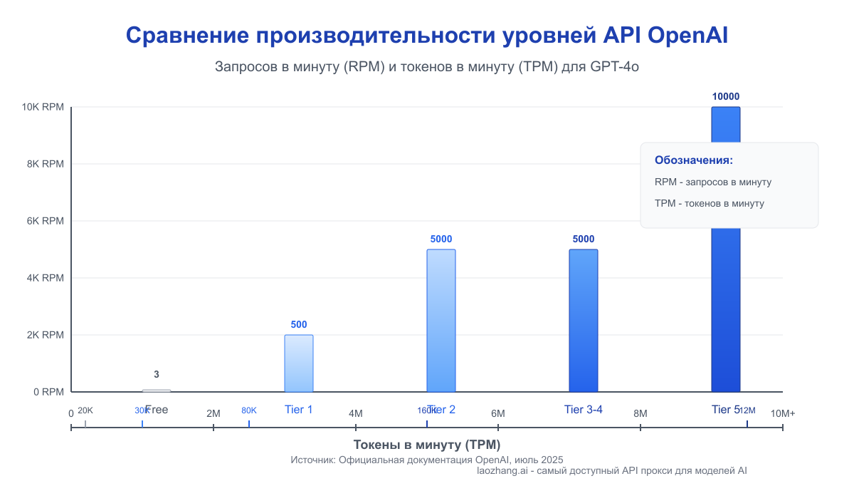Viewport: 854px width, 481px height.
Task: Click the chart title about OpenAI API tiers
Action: [x=426, y=36]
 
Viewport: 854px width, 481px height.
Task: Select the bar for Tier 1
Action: [x=298, y=363]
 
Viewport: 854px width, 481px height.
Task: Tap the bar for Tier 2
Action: [x=441, y=321]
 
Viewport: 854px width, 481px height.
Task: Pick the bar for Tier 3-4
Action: [x=583, y=321]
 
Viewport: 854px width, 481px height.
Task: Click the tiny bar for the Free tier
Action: [x=156, y=391]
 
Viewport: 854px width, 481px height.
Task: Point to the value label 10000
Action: [x=725, y=97]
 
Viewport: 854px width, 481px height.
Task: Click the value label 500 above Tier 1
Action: [x=298, y=325]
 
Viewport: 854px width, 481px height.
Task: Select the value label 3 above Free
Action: [x=156, y=375]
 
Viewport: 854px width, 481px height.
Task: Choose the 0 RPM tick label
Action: [x=48, y=392]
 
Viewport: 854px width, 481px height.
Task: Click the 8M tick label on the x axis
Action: [x=640, y=413]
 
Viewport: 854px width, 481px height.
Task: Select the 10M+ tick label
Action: [x=783, y=413]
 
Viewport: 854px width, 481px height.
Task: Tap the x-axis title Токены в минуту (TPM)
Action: [x=426, y=445]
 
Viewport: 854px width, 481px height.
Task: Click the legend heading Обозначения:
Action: [x=693, y=160]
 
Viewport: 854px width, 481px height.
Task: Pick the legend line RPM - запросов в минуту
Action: [x=712, y=182]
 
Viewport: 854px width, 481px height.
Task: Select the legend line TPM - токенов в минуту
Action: [x=709, y=204]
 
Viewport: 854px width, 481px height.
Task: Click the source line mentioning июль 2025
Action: [x=426, y=460]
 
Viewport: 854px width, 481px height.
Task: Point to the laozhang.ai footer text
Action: [x=611, y=471]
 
